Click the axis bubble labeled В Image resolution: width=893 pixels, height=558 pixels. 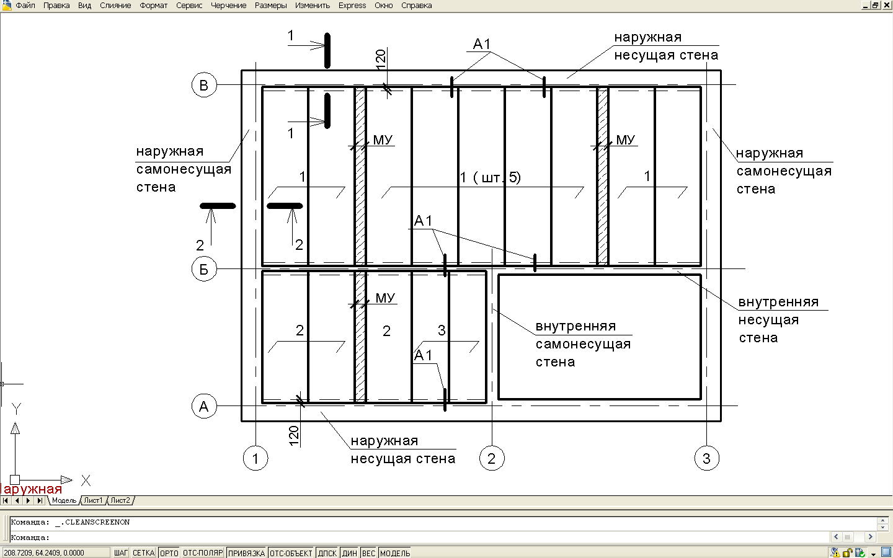point(204,85)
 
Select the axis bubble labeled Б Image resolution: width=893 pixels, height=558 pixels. point(204,269)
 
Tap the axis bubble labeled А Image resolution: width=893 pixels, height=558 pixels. point(204,406)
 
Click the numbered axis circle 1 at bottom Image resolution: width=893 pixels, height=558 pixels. point(255,458)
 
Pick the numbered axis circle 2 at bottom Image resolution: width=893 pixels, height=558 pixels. point(492,458)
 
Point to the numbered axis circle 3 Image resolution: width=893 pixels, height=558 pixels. point(707,458)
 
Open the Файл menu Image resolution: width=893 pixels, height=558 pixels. point(25,6)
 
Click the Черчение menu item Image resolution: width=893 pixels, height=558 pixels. point(228,6)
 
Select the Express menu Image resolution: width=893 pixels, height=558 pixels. point(352,6)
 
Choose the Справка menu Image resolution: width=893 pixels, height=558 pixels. point(417,6)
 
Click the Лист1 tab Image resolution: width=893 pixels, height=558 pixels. point(93,500)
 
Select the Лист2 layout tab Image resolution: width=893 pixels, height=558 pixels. point(120,500)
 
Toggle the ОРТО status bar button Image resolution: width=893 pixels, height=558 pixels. point(169,553)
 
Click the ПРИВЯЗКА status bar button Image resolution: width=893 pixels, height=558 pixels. point(246,553)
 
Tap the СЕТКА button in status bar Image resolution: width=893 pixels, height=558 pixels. point(143,553)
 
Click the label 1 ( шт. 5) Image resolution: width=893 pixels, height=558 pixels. point(491,177)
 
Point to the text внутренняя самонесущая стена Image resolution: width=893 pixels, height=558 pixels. point(583,344)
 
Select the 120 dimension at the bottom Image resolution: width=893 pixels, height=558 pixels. point(293,436)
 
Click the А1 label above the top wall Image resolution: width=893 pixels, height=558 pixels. point(482,44)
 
